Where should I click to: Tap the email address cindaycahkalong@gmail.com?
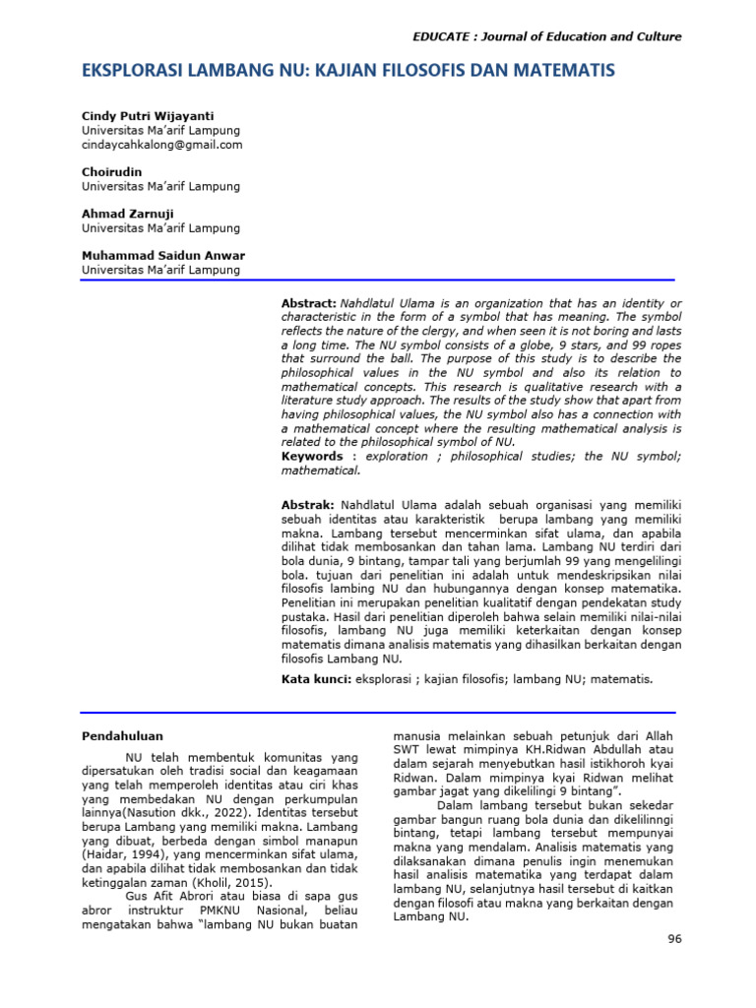pos(162,145)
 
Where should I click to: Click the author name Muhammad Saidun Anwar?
pos(163,256)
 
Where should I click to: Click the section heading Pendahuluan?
pos(122,735)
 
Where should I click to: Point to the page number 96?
pos(674,939)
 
